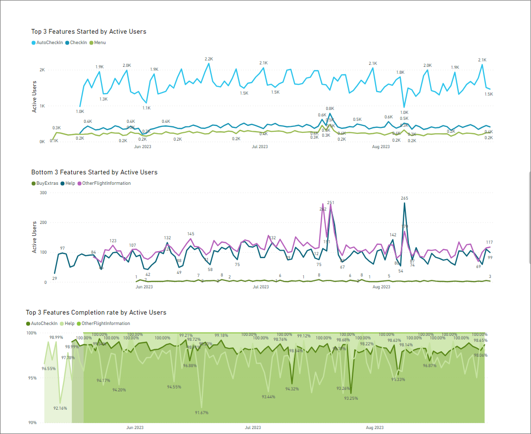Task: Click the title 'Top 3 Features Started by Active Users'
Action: [89, 31]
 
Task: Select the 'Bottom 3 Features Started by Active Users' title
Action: [94, 172]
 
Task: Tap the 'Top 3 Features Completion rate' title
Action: [96, 312]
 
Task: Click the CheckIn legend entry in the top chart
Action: [78, 43]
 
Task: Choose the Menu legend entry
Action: [99, 43]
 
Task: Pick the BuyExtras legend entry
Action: [47, 183]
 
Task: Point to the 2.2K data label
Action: [208, 59]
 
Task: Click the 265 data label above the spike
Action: [404, 198]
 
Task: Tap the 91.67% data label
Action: [201, 412]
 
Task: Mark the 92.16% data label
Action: [60, 408]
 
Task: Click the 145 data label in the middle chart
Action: [191, 234]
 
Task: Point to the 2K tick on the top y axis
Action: [43, 70]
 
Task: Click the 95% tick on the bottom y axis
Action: [31, 378]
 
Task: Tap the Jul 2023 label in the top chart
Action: [260, 147]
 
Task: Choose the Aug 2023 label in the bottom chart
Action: [375, 427]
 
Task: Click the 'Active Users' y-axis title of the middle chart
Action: [35, 237]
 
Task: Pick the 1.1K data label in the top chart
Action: [146, 108]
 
